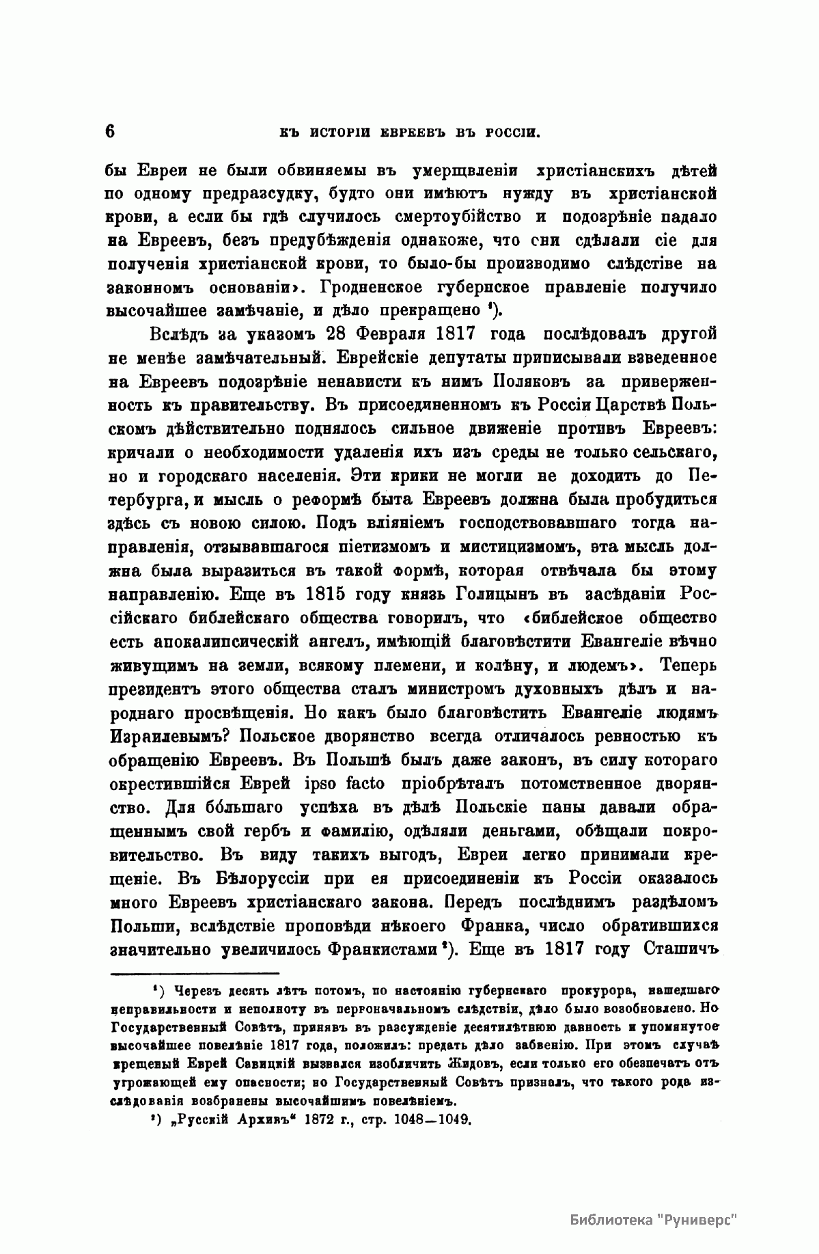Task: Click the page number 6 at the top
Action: tap(110, 131)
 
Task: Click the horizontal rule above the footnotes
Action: tap(195, 973)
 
